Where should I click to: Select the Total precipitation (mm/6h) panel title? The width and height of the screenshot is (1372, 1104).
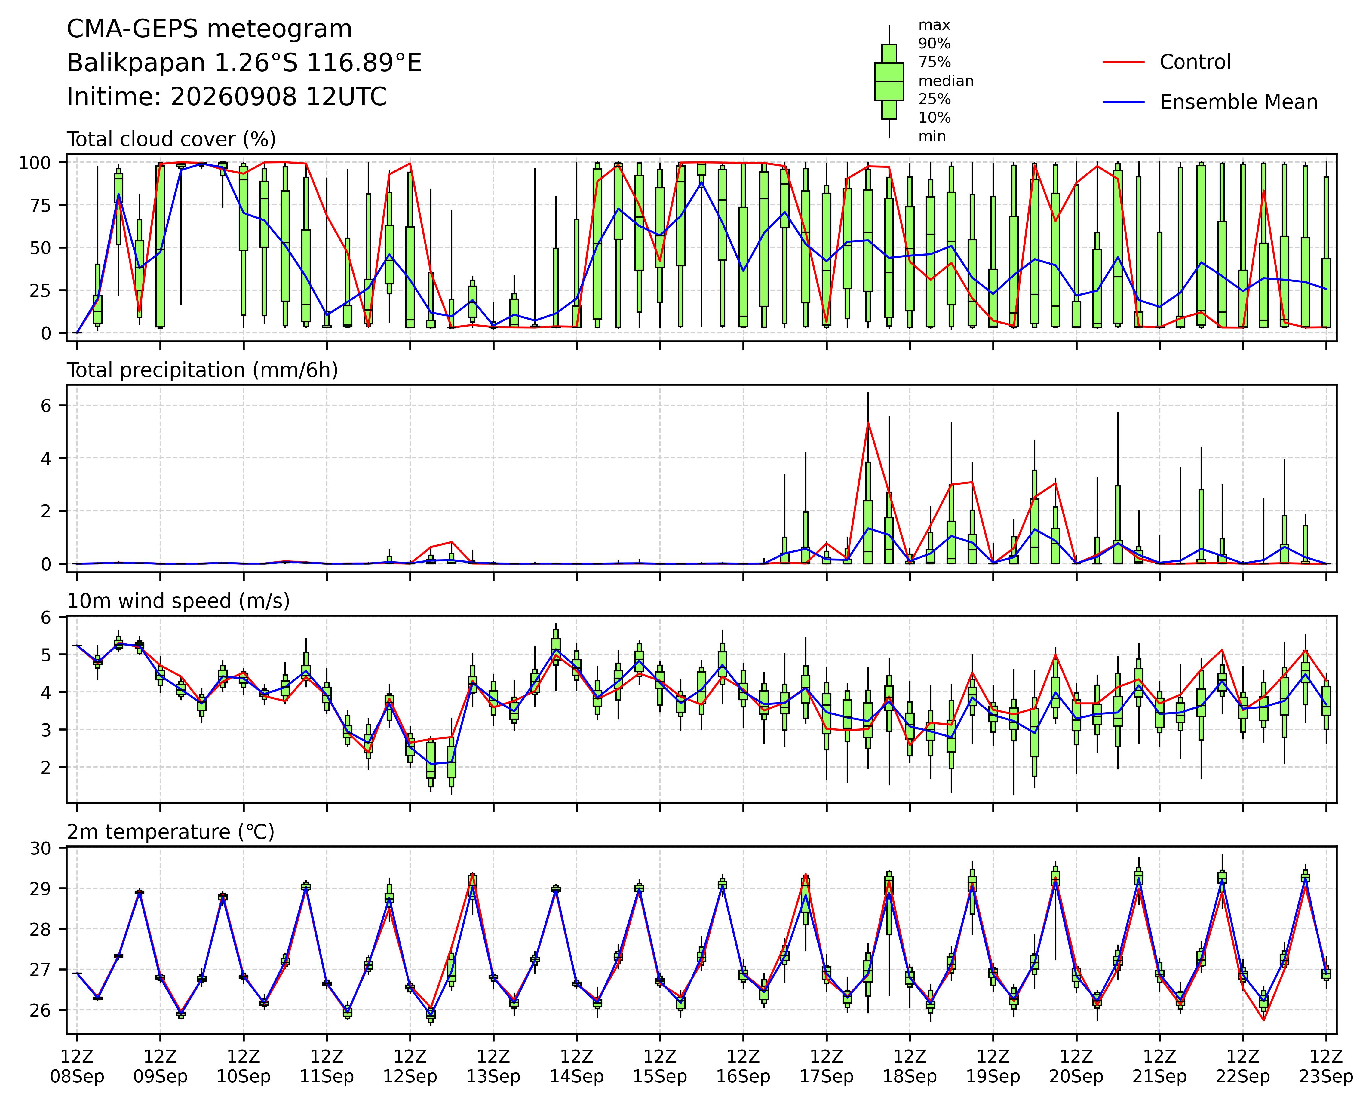(x=202, y=370)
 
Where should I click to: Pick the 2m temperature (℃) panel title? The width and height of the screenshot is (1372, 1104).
(x=170, y=832)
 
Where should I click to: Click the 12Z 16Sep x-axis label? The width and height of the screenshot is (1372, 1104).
(x=743, y=1067)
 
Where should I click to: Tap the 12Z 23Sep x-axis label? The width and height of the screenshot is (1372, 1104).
(x=1326, y=1067)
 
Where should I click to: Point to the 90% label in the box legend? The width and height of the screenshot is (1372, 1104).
(x=934, y=44)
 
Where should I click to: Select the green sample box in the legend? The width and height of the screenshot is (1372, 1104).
(x=889, y=81)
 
